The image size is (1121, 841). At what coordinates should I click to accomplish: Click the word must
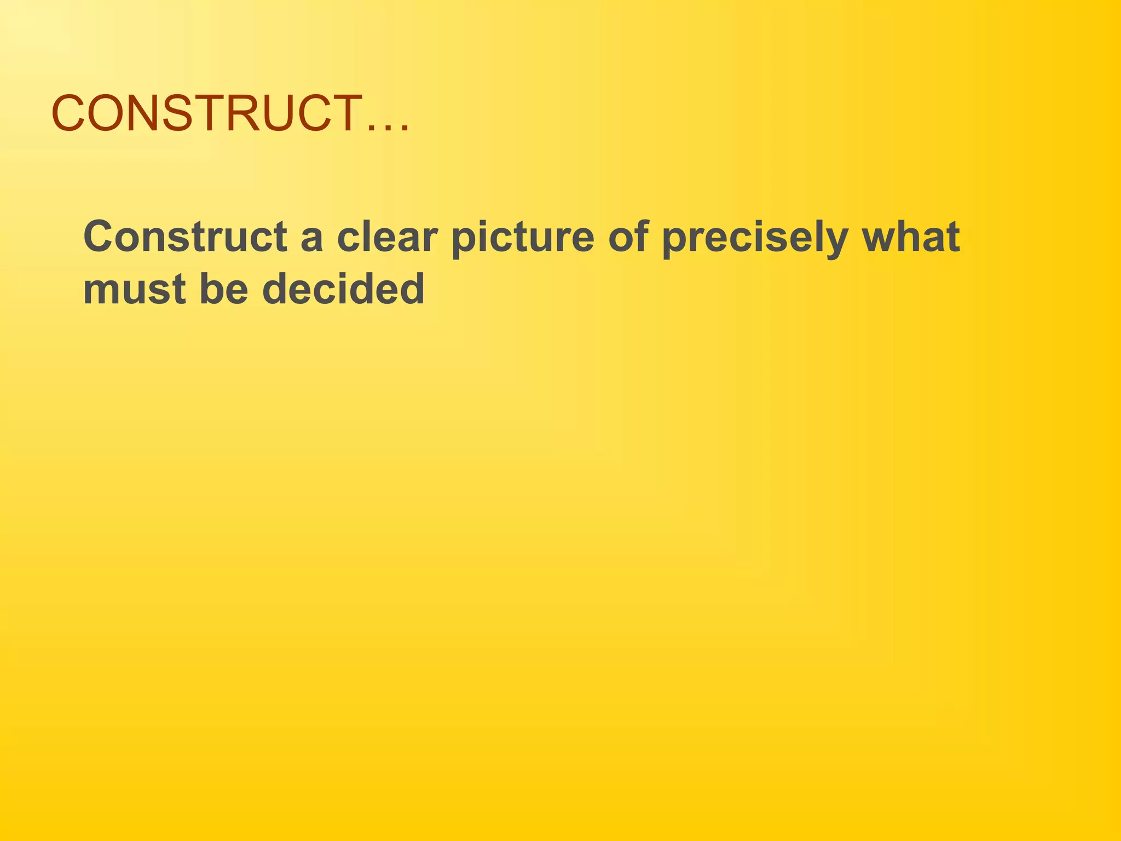[135, 290]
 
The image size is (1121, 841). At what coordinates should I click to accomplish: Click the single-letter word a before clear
[311, 241]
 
